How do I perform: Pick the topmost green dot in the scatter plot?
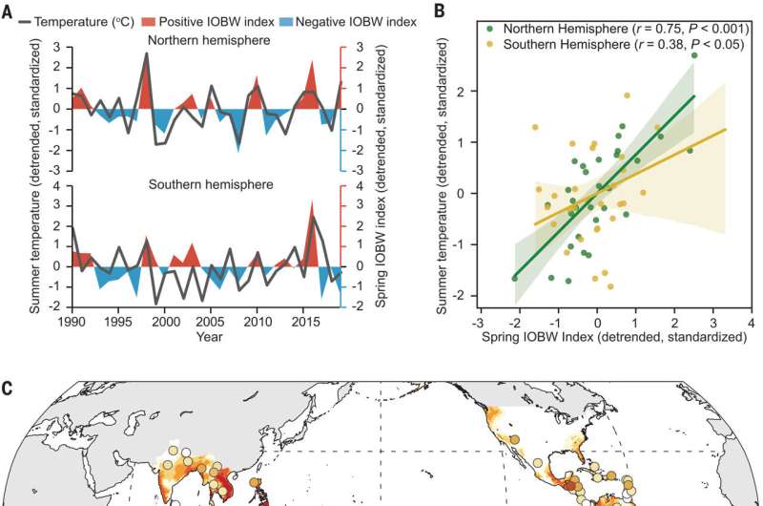coord(694,56)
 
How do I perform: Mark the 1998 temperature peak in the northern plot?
coord(146,53)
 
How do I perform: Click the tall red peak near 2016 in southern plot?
coord(311,202)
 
